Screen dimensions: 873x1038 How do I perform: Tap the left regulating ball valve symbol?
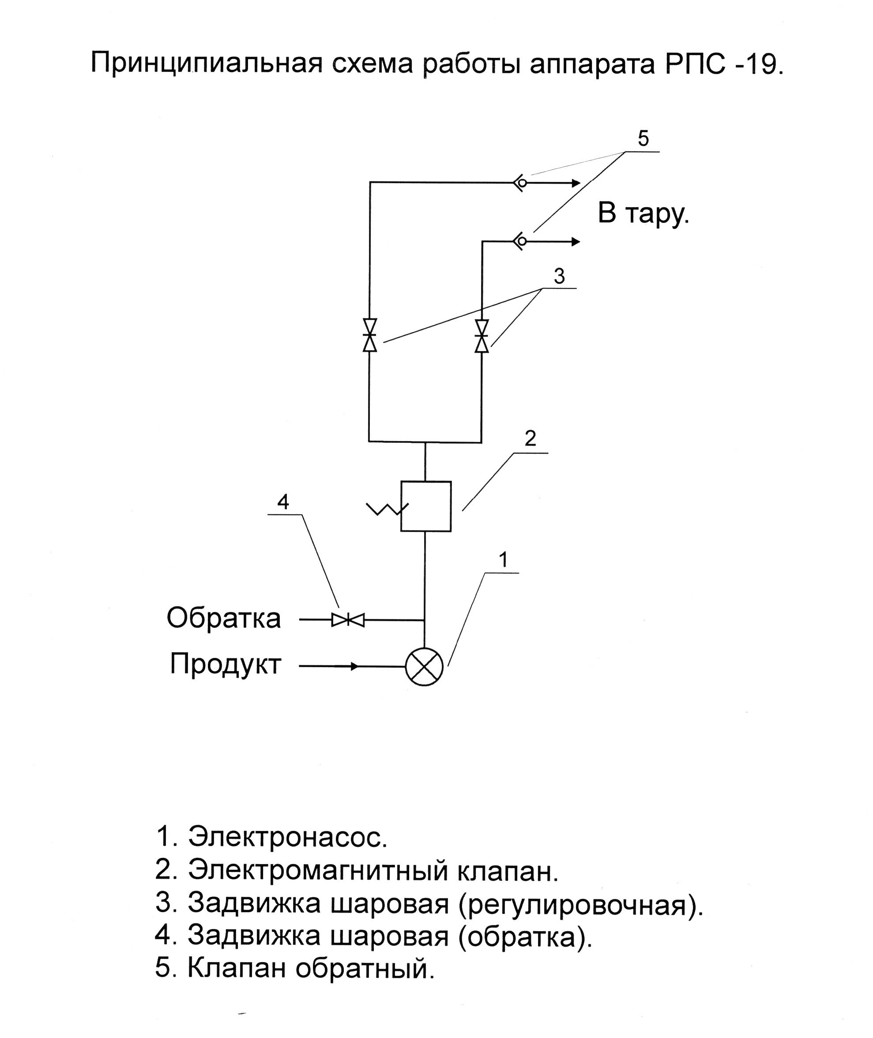(370, 335)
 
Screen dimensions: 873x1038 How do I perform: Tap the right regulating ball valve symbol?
(482, 336)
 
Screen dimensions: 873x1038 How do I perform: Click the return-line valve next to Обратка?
(348, 620)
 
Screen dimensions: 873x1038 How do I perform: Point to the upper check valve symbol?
(519, 183)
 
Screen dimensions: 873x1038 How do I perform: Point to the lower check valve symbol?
(519, 242)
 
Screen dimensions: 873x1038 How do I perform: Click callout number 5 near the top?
(643, 138)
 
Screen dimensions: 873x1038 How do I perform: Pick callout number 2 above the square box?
(530, 438)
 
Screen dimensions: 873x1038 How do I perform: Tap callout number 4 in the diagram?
(283, 502)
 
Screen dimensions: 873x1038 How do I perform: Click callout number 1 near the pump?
(503, 560)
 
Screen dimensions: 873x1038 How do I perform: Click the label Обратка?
(224, 618)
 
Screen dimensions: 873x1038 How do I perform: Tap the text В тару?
(643, 213)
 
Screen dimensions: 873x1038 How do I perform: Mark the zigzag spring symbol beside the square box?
(387, 509)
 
